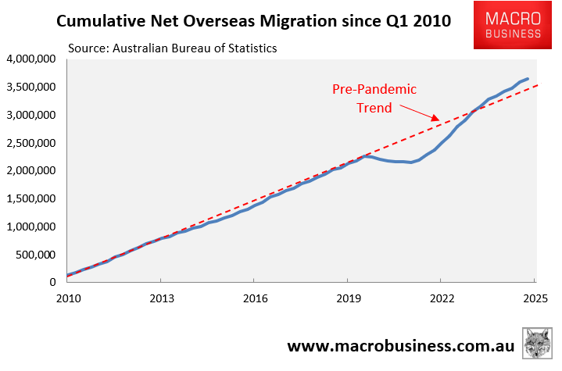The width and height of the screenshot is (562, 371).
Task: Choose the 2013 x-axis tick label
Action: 161,298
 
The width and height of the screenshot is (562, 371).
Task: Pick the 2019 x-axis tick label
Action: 348,298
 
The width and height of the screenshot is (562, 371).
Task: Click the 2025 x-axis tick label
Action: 535,298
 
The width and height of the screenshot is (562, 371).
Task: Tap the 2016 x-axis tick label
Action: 255,298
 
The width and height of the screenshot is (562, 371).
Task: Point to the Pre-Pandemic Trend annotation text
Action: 374,98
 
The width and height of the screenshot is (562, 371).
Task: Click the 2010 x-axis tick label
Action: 68,298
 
